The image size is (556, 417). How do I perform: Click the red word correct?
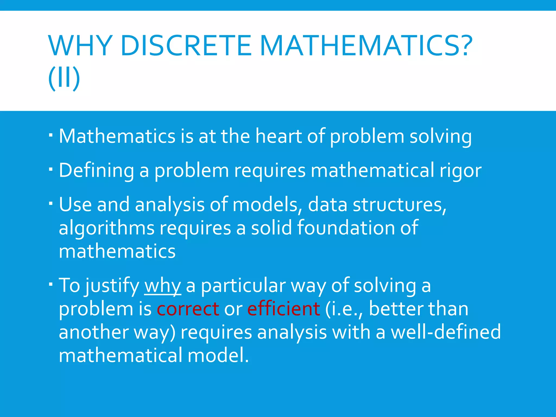point(188,309)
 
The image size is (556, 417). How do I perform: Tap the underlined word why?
point(163,286)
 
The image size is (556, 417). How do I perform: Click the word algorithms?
point(106,228)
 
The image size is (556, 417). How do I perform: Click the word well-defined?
point(446,332)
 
